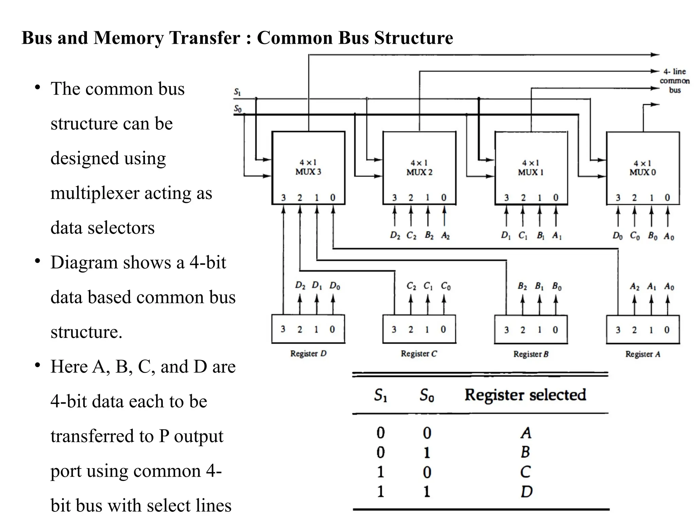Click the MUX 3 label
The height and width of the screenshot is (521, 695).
pyautogui.click(x=308, y=172)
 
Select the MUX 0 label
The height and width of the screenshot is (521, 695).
pyautogui.click(x=643, y=172)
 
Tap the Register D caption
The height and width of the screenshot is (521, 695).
pyautogui.click(x=308, y=353)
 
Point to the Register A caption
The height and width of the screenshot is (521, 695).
pyautogui.click(x=643, y=354)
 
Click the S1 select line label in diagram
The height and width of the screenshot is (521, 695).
pyautogui.click(x=237, y=92)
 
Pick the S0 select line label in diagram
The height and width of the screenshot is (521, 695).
pyautogui.click(x=238, y=109)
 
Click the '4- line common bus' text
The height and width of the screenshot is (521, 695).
pyautogui.click(x=675, y=81)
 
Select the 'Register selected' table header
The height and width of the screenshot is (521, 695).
pyautogui.click(x=525, y=395)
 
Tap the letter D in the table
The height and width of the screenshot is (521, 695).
pyautogui.click(x=526, y=491)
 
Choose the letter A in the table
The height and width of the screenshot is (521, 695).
pyautogui.click(x=526, y=433)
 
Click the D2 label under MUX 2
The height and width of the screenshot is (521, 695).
pyautogui.click(x=395, y=235)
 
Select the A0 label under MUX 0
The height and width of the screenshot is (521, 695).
pyautogui.click(x=669, y=236)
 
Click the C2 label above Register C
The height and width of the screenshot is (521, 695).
pyautogui.click(x=411, y=286)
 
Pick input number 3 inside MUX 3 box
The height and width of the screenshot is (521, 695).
pyautogui.click(x=283, y=197)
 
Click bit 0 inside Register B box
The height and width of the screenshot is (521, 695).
pyautogui.click(x=555, y=330)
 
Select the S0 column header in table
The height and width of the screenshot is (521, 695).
pyautogui.click(x=427, y=395)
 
